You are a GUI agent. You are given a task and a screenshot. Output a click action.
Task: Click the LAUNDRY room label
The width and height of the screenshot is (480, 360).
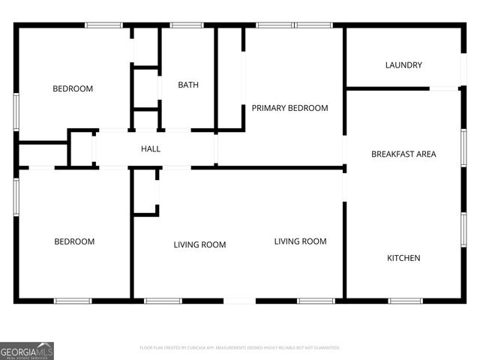pyautogui.click(x=403, y=65)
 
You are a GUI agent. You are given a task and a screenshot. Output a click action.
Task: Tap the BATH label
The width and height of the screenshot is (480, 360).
pyautogui.click(x=188, y=85)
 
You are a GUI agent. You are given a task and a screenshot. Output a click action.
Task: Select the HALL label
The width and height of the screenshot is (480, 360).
pyautogui.click(x=151, y=148)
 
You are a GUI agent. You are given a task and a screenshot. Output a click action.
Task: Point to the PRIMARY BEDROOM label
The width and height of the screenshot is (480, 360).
pyautogui.click(x=289, y=108)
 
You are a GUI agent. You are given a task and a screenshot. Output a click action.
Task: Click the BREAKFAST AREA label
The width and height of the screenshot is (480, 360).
pyautogui.click(x=403, y=154)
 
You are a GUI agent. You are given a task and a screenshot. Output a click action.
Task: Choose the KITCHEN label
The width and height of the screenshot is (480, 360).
pyautogui.click(x=403, y=258)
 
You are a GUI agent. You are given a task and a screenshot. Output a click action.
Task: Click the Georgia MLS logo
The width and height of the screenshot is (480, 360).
pyautogui.click(x=27, y=350)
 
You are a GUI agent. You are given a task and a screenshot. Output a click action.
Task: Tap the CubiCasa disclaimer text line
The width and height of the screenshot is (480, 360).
pyautogui.click(x=240, y=348)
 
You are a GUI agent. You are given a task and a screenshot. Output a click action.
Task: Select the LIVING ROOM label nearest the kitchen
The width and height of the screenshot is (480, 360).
pyautogui.click(x=300, y=241)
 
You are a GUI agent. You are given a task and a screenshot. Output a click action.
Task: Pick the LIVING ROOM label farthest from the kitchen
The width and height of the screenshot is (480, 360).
pyautogui.click(x=199, y=244)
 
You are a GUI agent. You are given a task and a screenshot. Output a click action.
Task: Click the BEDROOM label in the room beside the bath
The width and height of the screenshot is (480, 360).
pyautogui.click(x=73, y=88)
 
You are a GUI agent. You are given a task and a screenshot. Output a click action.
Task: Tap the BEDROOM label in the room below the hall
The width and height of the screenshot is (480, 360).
pyautogui.click(x=74, y=241)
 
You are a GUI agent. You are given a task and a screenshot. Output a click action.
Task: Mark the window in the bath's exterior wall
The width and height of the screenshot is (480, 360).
pyautogui.click(x=187, y=25)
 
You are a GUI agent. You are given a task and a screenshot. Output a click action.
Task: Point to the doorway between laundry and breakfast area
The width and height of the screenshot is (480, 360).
pyautogui.click(x=445, y=88)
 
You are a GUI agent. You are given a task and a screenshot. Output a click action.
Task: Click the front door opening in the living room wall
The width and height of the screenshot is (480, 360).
pyautogui.click(x=240, y=301)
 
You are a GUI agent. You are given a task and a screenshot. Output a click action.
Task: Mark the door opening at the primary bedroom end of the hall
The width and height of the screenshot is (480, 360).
pyautogui.click(x=216, y=148)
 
